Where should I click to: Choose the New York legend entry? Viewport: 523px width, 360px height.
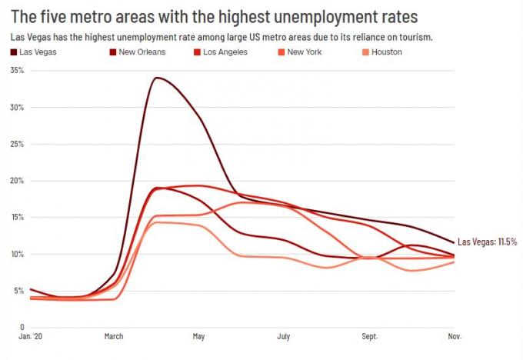[304, 52]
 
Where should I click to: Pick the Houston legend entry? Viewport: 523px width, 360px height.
[386, 52]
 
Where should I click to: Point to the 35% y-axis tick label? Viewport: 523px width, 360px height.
[16, 70]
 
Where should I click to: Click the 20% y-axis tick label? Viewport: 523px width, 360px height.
[16, 181]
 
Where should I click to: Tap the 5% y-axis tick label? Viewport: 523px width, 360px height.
[18, 291]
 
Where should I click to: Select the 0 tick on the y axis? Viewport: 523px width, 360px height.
[22, 325]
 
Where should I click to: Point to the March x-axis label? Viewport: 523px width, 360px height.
[113, 337]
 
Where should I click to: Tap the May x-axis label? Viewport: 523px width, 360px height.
[198, 337]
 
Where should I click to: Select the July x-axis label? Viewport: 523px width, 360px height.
[284, 337]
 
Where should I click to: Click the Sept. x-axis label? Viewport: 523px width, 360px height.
[370, 337]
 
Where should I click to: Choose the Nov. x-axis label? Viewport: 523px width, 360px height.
[455, 337]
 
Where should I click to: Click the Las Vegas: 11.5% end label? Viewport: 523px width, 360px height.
[488, 242]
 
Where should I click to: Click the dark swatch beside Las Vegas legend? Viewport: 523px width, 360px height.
[15, 52]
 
